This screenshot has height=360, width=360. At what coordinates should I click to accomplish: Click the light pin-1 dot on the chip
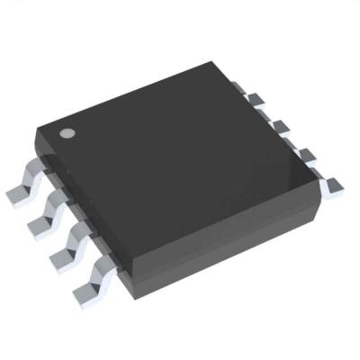pyautogui.click(x=67, y=133)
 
